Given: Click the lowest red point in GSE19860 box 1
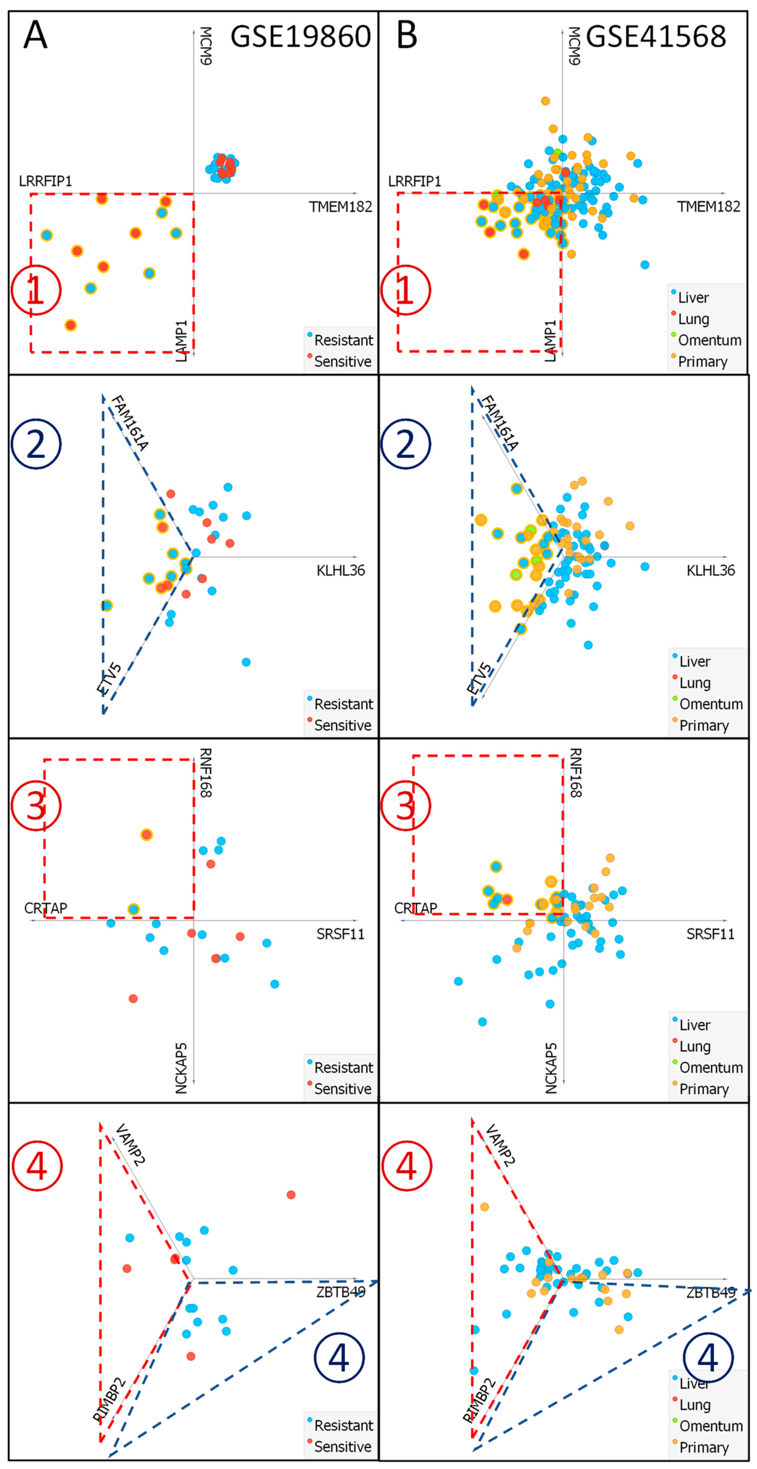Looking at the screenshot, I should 70,325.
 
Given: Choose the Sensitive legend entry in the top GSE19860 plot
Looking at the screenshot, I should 342,361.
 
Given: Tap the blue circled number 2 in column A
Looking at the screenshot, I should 36,444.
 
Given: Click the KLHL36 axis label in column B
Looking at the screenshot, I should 710,570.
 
